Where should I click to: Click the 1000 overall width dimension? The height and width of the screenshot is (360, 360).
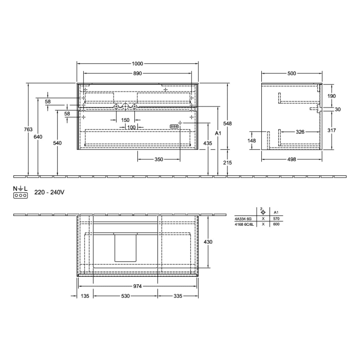137,63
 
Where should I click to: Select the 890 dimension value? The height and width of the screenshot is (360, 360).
137,74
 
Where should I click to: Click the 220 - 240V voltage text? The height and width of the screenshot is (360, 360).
49,192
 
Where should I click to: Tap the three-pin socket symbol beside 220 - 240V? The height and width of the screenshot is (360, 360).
20,195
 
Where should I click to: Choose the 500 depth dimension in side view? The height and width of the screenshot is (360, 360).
292,74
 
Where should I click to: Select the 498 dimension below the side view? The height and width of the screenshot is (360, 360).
292,159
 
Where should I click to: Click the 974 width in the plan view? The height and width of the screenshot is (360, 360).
137,286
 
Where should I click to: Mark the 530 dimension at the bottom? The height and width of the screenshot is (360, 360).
125,297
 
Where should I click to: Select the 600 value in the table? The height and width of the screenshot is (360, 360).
276,224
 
